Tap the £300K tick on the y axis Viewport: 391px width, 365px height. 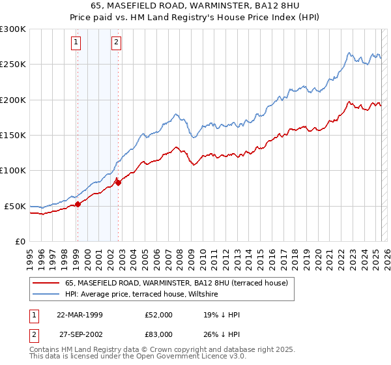[x=12, y=29]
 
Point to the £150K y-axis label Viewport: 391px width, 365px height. [x=12, y=136]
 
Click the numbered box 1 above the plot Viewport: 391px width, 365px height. [x=76, y=43]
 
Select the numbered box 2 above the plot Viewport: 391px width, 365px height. [x=116, y=43]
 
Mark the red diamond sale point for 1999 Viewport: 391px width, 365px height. [x=78, y=204]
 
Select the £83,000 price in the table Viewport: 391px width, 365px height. [x=159, y=334]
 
